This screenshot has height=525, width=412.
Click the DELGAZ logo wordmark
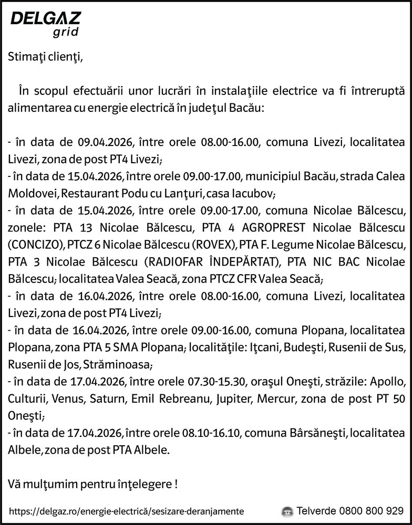coord(46,19)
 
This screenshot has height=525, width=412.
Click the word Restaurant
coord(88,194)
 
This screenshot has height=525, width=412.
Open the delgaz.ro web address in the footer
coord(127,511)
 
